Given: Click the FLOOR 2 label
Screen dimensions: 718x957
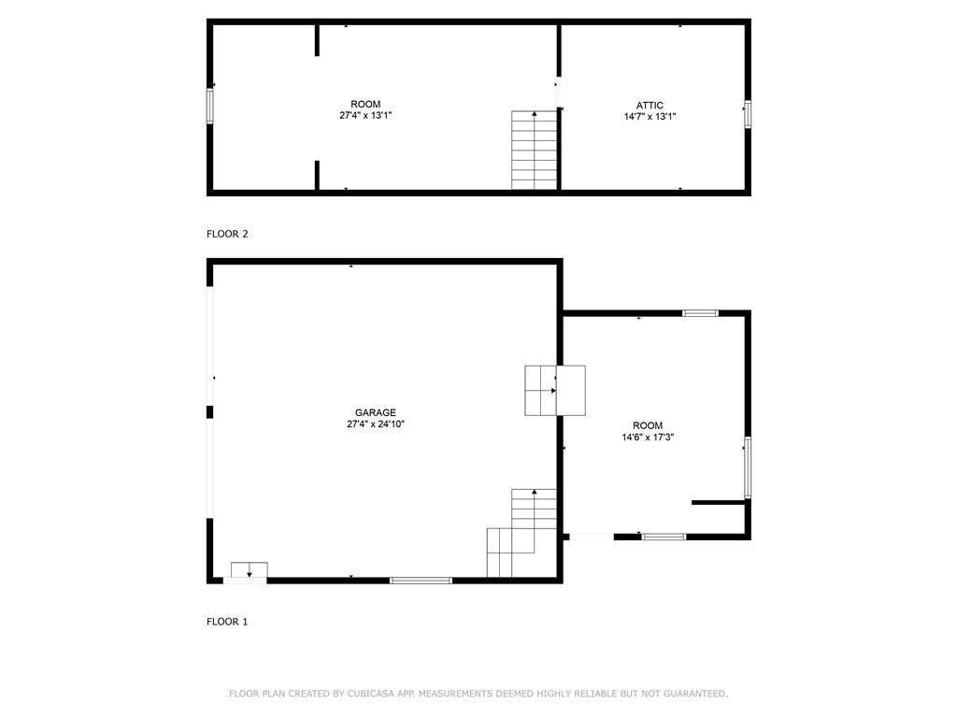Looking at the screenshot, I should point(227,234).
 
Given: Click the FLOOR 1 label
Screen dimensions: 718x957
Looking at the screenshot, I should point(227,621).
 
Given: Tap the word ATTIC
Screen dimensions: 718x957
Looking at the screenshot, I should point(650,106).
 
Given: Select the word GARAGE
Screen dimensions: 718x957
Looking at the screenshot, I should point(375,412).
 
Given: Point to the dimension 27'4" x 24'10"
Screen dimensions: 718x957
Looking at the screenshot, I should point(375,424).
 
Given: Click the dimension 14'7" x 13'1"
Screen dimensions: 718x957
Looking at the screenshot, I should point(650,118).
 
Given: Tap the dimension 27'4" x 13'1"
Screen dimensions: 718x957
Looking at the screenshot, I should point(365,116).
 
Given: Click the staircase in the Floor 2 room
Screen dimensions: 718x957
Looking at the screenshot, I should point(535,151).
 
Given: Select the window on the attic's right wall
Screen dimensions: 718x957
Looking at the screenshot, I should point(747,113).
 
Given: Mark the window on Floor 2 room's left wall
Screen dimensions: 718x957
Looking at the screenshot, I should point(209,106).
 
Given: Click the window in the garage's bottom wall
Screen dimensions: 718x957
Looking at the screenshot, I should point(421,581).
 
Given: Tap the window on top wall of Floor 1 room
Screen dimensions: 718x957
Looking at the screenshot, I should point(700,313).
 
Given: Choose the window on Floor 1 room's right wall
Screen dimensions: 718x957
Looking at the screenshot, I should point(747,467).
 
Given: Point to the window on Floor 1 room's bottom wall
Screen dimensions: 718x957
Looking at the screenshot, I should point(664,537).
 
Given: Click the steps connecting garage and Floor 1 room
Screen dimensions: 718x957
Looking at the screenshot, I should point(554,391).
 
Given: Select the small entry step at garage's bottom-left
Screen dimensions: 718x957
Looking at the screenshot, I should point(249,571).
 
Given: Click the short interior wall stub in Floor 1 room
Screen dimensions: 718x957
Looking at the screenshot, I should point(718,503).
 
